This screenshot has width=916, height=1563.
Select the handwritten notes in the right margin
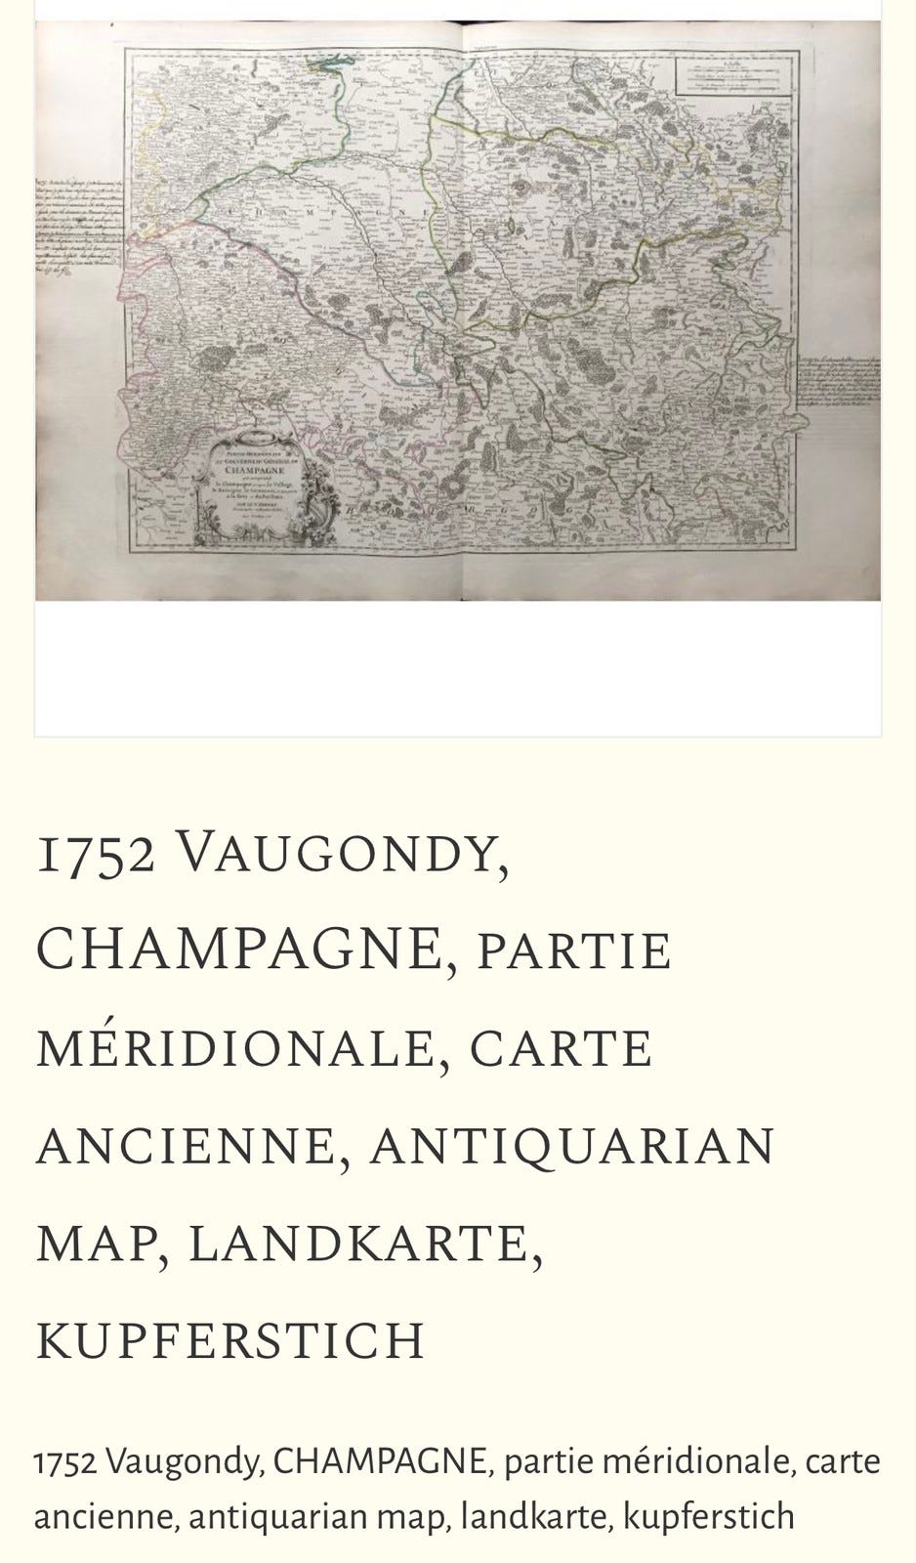[841, 391]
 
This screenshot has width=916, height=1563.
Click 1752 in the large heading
[96, 855]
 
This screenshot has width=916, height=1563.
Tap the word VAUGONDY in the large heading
[342, 855]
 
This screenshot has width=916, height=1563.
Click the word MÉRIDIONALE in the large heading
[234, 1048]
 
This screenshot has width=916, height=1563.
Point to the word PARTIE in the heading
[574, 950]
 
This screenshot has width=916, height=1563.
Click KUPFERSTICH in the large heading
[230, 1340]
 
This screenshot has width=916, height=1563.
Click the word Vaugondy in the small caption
[185, 1463]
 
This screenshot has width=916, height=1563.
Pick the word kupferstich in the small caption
[709, 1517]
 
